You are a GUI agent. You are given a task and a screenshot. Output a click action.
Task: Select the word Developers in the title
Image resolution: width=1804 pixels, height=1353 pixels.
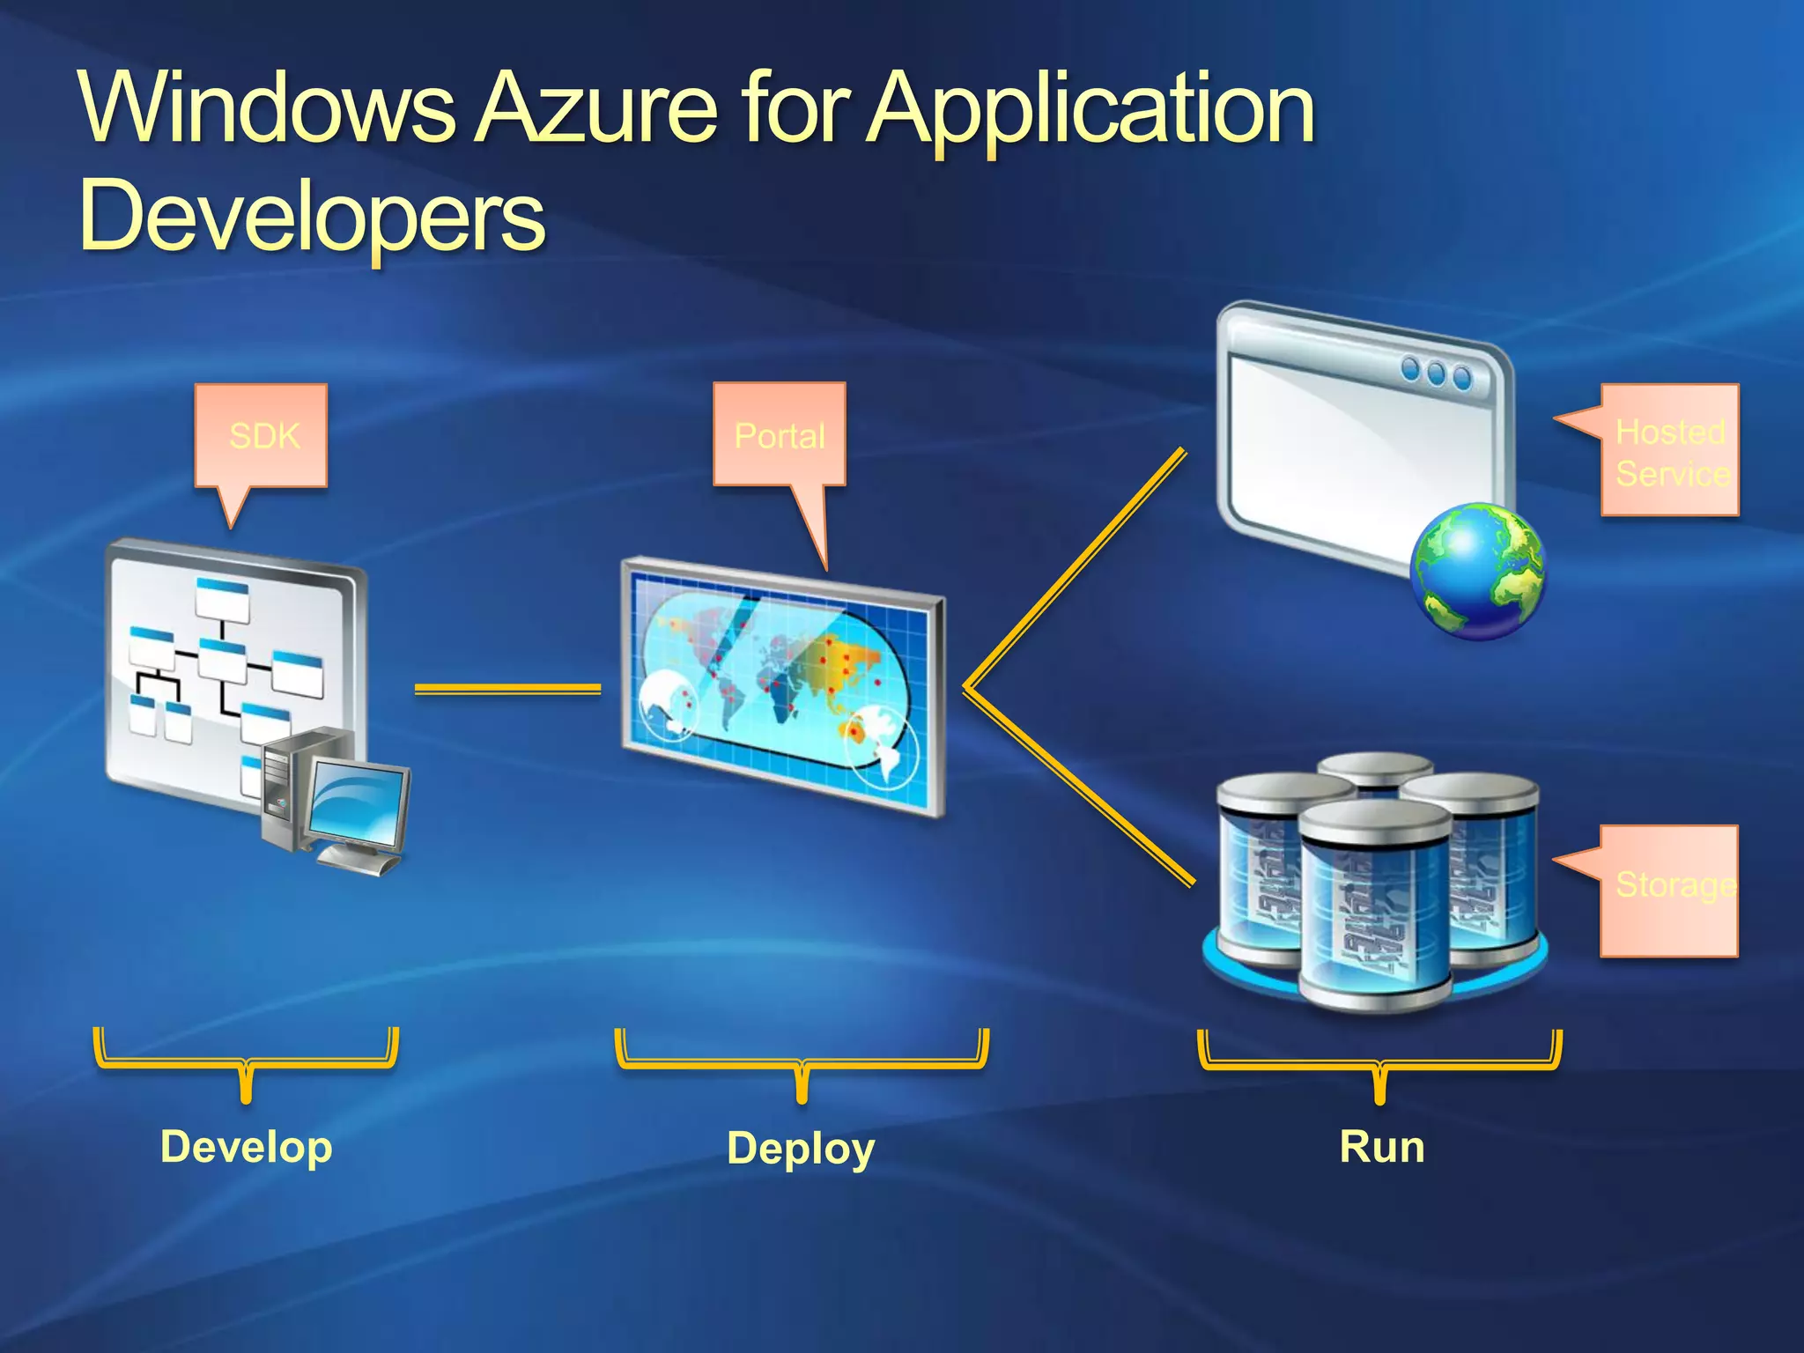click(x=313, y=216)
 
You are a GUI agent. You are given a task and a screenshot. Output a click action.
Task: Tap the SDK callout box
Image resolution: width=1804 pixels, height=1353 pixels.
click(x=262, y=435)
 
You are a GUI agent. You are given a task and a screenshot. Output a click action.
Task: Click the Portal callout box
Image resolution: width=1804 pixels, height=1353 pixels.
click(x=780, y=435)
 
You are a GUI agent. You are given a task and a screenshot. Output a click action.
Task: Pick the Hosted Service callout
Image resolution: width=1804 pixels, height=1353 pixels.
click(x=1670, y=451)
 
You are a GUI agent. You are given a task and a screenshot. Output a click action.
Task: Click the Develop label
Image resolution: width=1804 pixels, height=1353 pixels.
click(x=247, y=1147)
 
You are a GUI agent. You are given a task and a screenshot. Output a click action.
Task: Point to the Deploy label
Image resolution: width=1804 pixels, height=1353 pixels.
click(x=801, y=1149)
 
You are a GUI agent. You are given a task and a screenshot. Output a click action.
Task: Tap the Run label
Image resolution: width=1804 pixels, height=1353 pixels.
click(x=1381, y=1147)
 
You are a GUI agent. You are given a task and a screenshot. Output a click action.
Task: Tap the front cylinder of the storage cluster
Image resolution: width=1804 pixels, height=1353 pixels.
click(x=1374, y=907)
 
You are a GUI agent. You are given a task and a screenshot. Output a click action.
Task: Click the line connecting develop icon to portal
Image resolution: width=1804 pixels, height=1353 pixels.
click(x=507, y=689)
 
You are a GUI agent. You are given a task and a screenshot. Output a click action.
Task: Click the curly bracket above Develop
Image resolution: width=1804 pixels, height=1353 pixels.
click(x=247, y=1061)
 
